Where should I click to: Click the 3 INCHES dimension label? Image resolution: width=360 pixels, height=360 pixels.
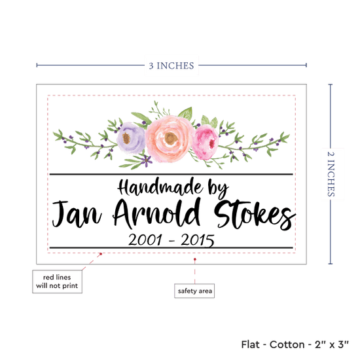click(171, 65)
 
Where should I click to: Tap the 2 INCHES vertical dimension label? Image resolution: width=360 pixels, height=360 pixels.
click(331, 174)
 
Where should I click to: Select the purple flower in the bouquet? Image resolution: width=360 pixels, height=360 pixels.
click(131, 137)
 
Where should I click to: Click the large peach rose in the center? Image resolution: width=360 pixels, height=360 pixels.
click(170, 139)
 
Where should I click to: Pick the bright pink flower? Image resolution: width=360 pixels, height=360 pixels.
click(205, 142)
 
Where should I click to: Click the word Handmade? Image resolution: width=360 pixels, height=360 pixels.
click(160, 187)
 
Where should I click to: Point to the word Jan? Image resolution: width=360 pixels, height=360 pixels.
click(77, 213)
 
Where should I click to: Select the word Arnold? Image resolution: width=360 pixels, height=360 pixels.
click(157, 213)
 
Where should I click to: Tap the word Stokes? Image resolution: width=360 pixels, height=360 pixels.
click(255, 215)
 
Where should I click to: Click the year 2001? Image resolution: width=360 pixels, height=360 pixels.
click(145, 240)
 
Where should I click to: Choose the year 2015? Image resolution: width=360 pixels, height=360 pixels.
click(198, 240)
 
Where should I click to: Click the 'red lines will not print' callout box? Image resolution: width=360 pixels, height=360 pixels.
click(57, 281)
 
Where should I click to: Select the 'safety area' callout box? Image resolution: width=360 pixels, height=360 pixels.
click(194, 291)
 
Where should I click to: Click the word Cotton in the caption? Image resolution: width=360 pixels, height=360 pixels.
click(287, 344)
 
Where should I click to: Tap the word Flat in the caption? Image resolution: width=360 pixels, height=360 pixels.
click(250, 344)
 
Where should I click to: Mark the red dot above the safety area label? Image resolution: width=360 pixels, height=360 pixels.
click(195, 259)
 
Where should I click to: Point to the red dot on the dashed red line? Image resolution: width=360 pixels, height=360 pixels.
click(101, 254)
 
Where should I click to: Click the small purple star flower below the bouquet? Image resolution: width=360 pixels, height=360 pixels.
click(146, 160)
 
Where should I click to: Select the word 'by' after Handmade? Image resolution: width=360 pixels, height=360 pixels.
click(218, 189)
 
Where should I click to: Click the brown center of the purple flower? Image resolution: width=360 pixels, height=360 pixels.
click(126, 138)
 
